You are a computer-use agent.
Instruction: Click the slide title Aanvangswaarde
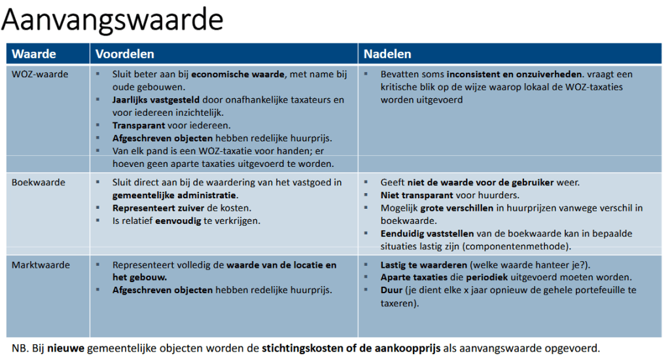pyautogui.click(x=112, y=21)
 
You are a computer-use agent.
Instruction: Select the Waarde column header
pyautogui.click(x=34, y=54)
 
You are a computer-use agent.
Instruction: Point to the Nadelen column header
pyautogui.click(x=387, y=54)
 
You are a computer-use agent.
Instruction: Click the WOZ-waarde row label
pyautogui.click(x=40, y=75)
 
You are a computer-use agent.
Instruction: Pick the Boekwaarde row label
pyautogui.click(x=39, y=183)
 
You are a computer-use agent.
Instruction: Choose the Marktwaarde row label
pyautogui.click(x=41, y=265)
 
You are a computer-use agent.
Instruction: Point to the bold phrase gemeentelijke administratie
pyautogui.click(x=175, y=195)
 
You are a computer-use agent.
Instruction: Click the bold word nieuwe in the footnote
pyautogui.click(x=65, y=348)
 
